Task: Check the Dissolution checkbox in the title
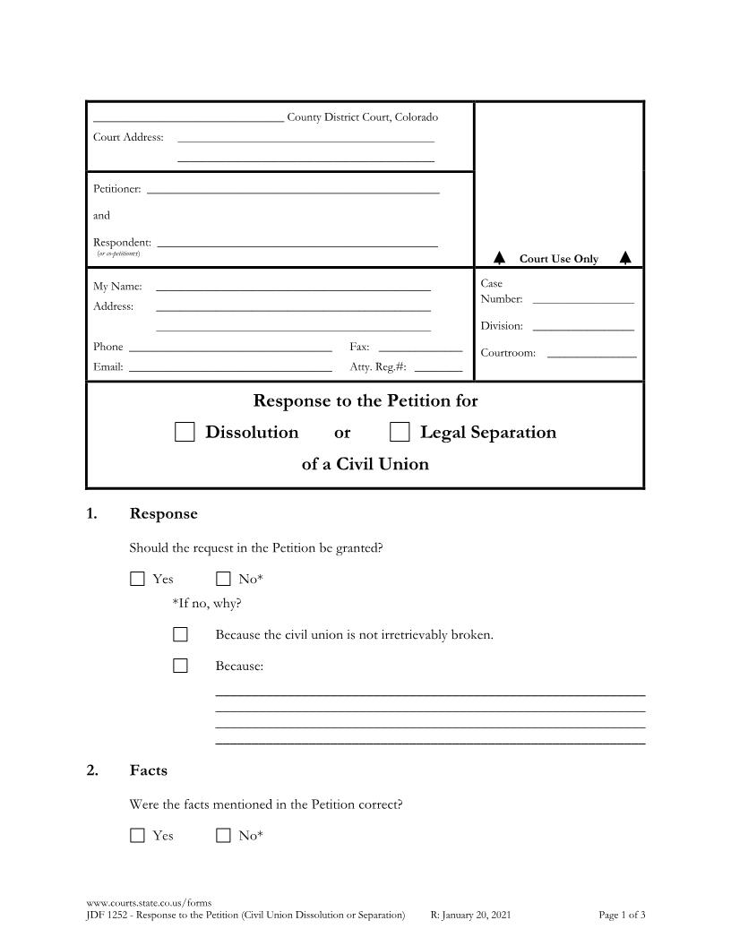pos(185,433)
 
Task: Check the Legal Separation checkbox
pos(400,433)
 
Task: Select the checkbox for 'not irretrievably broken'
pos(180,635)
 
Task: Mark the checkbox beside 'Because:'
pos(180,666)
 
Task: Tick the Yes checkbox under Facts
pos(137,836)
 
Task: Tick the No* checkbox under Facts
pos(223,836)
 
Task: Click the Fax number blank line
pos(420,348)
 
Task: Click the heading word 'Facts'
pos(149,770)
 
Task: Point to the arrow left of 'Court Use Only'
pos(500,258)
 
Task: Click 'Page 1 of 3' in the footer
pos(622,915)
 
